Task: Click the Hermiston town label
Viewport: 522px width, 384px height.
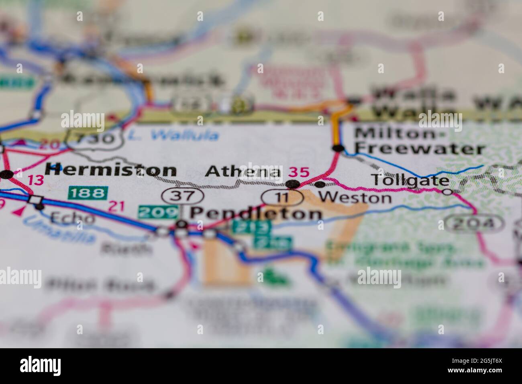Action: coord(110,170)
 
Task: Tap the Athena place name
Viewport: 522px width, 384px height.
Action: coord(243,172)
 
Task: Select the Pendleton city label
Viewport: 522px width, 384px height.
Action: coord(255,213)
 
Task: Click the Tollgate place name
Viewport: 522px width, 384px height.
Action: coord(410,180)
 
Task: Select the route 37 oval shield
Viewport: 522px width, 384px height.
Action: coord(183,196)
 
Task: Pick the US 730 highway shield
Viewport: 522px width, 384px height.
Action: coord(95,139)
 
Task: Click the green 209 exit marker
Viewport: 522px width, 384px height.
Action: coord(158,212)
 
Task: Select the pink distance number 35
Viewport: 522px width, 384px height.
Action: coord(300,173)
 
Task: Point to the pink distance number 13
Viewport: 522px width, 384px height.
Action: coord(36,180)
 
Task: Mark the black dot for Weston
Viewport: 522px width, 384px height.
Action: coord(320,184)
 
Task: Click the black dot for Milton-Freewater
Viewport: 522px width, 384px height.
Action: coord(338,149)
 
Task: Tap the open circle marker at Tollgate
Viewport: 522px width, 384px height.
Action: coord(447,192)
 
